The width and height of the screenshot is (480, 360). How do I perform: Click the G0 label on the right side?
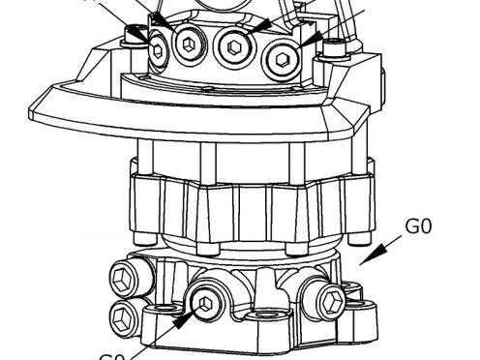pyautogui.click(x=418, y=228)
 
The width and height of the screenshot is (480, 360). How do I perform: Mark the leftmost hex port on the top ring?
pyautogui.click(x=157, y=51)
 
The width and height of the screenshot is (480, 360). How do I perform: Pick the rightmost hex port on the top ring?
pyautogui.click(x=282, y=59)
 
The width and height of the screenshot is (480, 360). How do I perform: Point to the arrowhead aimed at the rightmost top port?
pyautogui.click(x=308, y=42)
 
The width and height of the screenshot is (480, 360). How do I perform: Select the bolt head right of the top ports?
pyautogui.click(x=335, y=47)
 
